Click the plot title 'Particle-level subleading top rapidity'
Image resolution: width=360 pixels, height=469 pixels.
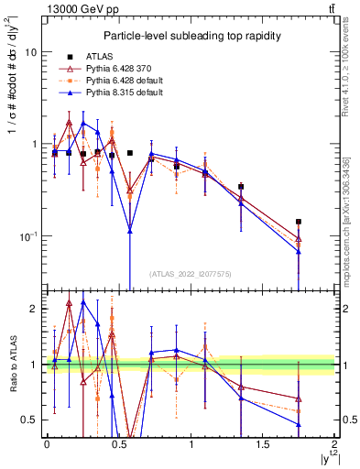(188, 35)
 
